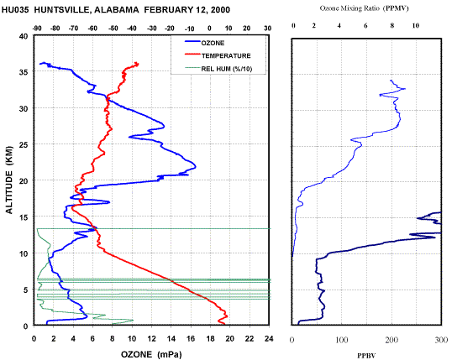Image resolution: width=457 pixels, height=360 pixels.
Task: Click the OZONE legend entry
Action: tap(205, 43)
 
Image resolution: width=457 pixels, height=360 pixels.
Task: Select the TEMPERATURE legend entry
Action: tap(218, 55)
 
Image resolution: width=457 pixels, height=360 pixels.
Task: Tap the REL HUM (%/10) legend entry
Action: tap(218, 69)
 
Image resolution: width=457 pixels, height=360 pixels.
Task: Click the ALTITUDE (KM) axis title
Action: tap(9, 180)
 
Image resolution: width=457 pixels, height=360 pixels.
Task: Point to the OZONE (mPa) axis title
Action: tap(151, 354)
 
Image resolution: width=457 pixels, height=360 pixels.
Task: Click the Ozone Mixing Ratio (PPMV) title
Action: tap(365, 8)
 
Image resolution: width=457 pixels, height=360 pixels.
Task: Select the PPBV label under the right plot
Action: tap(366, 356)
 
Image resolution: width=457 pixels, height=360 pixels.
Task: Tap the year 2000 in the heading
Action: tap(220, 10)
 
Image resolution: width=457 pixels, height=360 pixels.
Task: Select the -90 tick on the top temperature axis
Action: tap(37, 29)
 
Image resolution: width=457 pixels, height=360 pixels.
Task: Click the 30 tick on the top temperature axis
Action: tap(267, 29)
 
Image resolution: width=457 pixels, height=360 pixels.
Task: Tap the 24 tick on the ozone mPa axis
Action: tap(269, 338)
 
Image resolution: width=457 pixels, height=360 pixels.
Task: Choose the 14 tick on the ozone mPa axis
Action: tap(171, 338)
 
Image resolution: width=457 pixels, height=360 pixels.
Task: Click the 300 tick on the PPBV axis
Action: tap(441, 340)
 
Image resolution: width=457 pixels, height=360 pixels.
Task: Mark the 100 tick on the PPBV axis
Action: tap(342, 340)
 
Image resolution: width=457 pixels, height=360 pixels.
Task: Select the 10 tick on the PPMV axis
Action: tap(415, 26)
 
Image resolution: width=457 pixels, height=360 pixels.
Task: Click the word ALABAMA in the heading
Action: tap(116, 10)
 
